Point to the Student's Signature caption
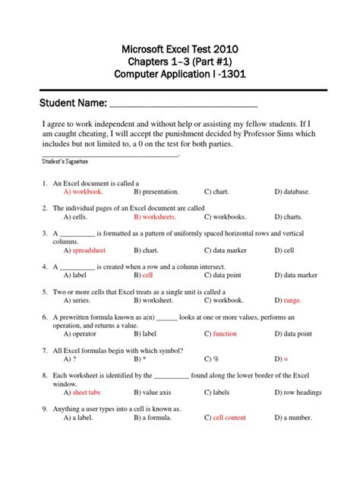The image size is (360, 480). click(x=64, y=162)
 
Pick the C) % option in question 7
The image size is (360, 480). click(x=211, y=358)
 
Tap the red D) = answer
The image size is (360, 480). click(x=280, y=358)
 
